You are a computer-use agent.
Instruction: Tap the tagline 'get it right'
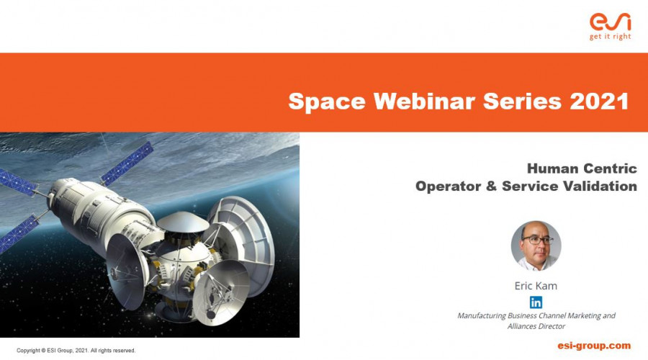[x=610, y=37]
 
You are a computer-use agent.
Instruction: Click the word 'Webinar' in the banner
[x=424, y=101]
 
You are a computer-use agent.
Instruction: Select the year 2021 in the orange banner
[x=599, y=101]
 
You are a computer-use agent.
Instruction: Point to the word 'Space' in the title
[x=327, y=102]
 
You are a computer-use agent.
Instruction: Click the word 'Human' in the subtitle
[x=552, y=168]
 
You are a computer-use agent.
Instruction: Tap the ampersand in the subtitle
[x=491, y=186]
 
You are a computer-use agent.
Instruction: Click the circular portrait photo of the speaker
[x=536, y=246]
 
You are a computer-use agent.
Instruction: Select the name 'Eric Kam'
[x=536, y=286]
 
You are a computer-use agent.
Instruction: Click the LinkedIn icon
[x=536, y=302]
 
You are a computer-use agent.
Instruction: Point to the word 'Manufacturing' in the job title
[x=482, y=316]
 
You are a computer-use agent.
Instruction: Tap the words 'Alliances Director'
[x=536, y=326]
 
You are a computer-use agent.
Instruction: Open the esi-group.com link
[x=594, y=346]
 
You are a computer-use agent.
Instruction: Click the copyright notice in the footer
[x=76, y=351]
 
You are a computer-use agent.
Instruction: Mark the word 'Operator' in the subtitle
[x=448, y=186]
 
